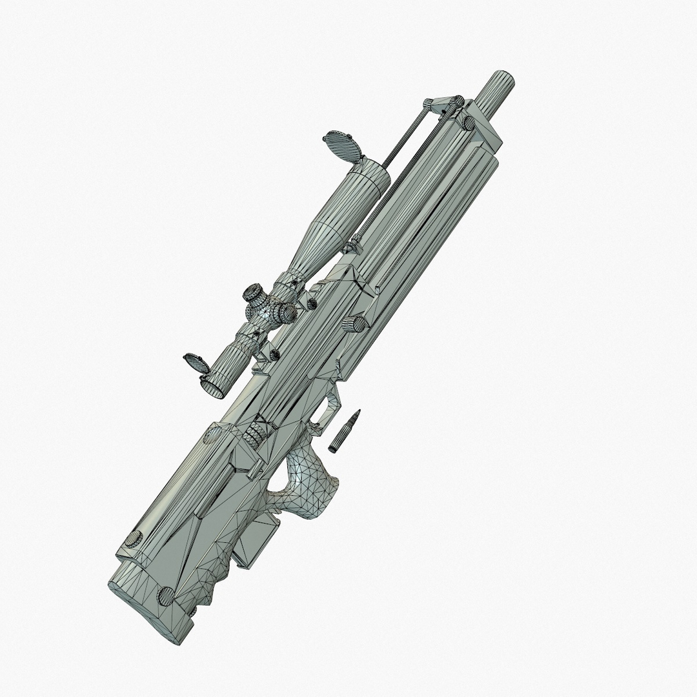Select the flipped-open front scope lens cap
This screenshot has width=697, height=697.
341,145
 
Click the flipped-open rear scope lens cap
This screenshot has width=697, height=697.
194,363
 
